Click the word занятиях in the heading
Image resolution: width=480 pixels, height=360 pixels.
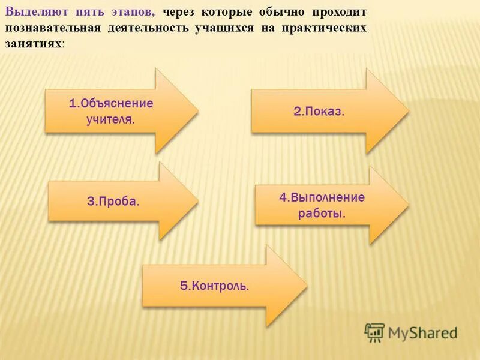[34, 44]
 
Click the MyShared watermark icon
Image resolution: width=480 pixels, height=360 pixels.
[374, 332]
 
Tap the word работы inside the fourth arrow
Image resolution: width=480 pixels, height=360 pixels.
[322, 213]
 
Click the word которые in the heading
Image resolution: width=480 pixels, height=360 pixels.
[228, 11]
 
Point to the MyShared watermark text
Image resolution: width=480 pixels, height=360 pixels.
[422, 332]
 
